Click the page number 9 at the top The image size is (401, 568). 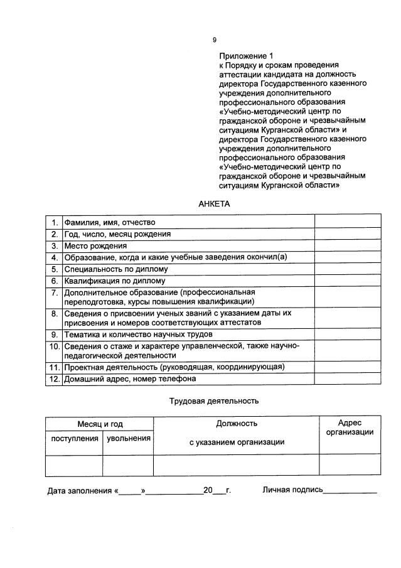click(214, 40)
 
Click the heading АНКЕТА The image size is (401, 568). click(215, 204)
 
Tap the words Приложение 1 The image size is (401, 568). click(246, 56)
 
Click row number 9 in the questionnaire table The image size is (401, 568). click(54, 334)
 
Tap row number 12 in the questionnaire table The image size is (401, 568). click(53, 379)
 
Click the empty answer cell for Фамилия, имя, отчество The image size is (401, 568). click(347, 222)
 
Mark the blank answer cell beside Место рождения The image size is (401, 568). click(347, 246)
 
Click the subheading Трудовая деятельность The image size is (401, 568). click(214, 400)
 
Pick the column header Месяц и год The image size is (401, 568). click(100, 425)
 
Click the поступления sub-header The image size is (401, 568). click(74, 438)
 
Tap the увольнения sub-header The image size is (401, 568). click(128, 438)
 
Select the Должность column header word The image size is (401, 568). click(237, 424)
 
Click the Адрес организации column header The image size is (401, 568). click(350, 427)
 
